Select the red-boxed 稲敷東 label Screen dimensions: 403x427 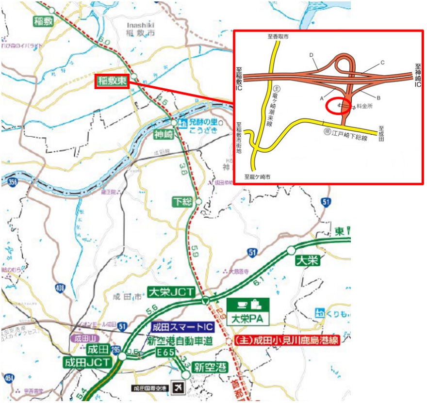coord(112,81)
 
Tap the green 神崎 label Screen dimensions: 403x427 coord(163,133)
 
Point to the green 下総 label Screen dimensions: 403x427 coord(183,201)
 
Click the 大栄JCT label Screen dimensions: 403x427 coord(171,292)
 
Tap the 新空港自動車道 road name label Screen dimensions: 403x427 coord(180,341)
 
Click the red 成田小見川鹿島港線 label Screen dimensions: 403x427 coord(286,340)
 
